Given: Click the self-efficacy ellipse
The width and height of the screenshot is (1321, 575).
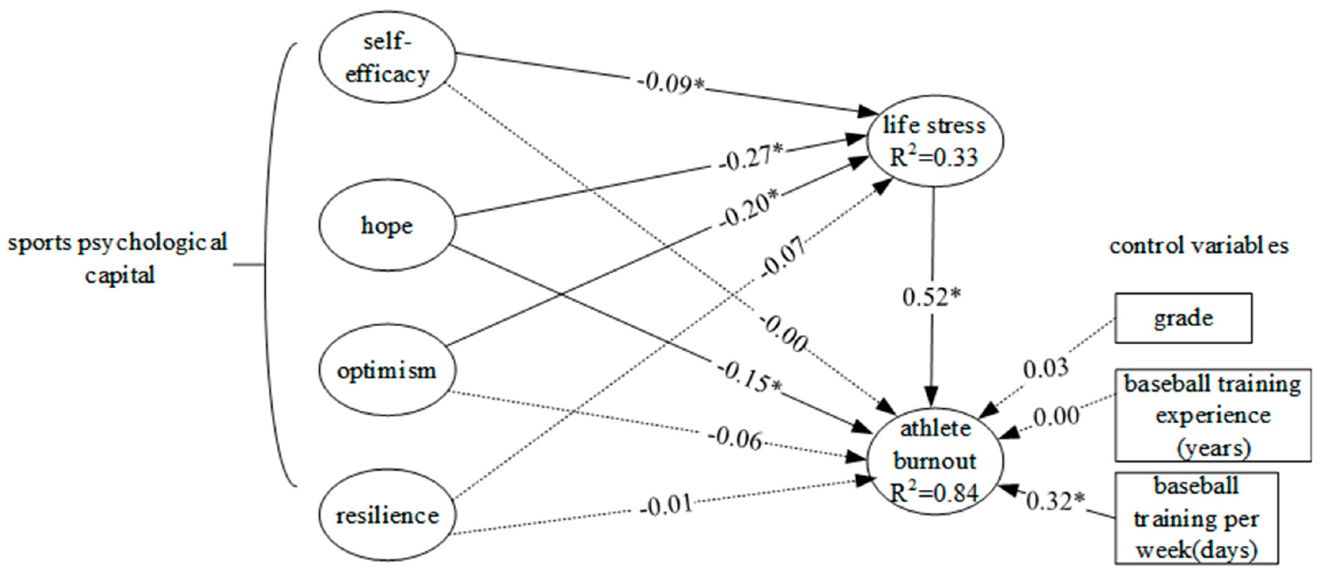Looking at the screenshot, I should point(387,57).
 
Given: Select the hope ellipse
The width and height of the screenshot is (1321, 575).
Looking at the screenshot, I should point(387,225).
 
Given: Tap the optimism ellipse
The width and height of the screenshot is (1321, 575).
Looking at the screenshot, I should point(387,370).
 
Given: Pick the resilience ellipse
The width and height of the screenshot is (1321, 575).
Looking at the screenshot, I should point(387,515).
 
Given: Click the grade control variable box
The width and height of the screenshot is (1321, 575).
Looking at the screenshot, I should point(1183,318).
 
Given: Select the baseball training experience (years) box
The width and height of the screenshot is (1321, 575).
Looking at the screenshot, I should point(1212,415).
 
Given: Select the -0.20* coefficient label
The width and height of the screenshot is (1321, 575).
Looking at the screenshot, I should point(749,210).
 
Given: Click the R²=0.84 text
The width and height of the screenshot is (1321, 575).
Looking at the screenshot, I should point(934,492).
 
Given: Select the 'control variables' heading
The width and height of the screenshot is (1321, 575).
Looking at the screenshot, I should point(1198,246).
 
